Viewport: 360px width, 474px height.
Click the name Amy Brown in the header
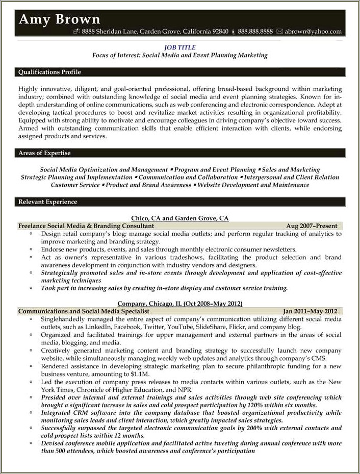tap(60, 19)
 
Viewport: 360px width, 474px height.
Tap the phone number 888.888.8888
tap(255, 32)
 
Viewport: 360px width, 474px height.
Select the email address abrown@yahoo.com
tap(313, 32)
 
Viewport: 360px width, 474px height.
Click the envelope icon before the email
tap(279, 32)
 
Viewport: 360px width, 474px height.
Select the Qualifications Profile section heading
tap(49, 72)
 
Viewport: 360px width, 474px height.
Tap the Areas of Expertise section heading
tap(44, 153)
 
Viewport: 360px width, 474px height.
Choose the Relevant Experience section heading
tap(47, 202)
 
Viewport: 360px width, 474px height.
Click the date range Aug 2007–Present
tap(312, 226)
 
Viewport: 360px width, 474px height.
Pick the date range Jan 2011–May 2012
tap(310, 311)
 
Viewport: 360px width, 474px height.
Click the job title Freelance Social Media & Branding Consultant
tap(86, 226)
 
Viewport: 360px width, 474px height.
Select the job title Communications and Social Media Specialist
tap(83, 311)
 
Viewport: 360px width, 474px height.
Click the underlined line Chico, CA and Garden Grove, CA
tap(180, 218)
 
